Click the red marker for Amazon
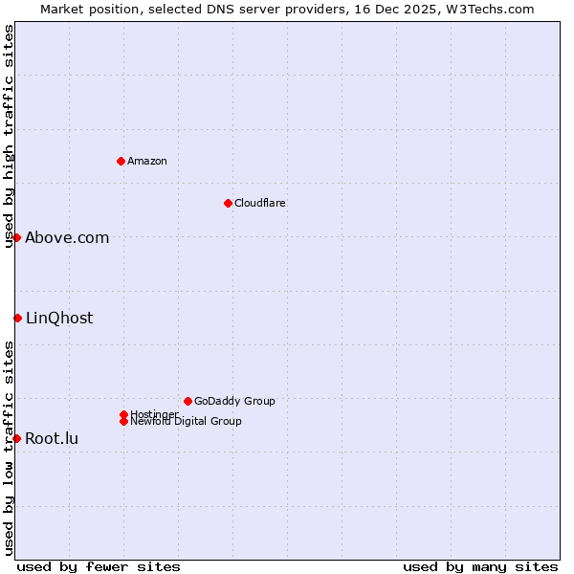[x=121, y=161]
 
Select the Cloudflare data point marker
[x=228, y=203]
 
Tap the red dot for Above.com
[x=17, y=237]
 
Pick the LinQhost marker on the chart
[x=17, y=318]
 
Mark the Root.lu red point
[x=17, y=438]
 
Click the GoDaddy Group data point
[x=188, y=401]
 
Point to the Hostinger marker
[x=123, y=414]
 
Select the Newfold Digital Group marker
[x=123, y=421]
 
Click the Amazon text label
[x=147, y=161]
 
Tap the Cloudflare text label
[x=260, y=203]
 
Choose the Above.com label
[x=67, y=238]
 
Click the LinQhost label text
[x=59, y=319]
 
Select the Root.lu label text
[x=52, y=439]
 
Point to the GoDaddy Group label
[x=234, y=401]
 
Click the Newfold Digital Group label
[x=186, y=422]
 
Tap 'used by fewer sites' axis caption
[x=99, y=567]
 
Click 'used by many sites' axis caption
[x=480, y=567]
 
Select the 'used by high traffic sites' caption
[x=9, y=136]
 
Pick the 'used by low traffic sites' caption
[x=9, y=448]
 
